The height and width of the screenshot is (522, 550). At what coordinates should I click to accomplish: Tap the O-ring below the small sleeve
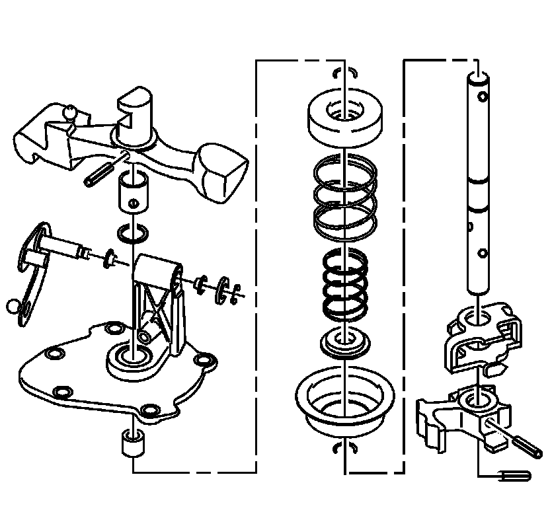coord(134,233)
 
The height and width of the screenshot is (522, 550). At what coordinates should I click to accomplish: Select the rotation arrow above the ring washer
coord(346,71)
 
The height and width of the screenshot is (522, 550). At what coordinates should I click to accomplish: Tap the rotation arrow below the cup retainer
coord(346,449)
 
